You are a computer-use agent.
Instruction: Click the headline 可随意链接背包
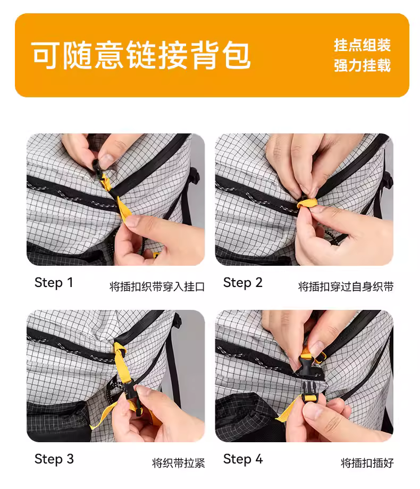[141, 55]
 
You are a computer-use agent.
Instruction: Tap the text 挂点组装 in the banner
[362, 45]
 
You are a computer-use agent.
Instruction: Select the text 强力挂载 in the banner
[362, 65]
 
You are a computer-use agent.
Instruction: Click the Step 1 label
[54, 283]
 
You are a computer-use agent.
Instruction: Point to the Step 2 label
[243, 283]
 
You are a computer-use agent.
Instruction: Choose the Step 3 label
[54, 459]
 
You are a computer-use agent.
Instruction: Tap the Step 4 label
[243, 459]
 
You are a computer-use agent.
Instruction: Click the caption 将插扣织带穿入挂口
[157, 286]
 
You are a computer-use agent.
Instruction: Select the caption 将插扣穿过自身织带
[346, 286]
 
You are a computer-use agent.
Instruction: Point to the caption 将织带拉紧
[179, 463]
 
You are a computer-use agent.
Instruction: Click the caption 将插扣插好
[367, 463]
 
